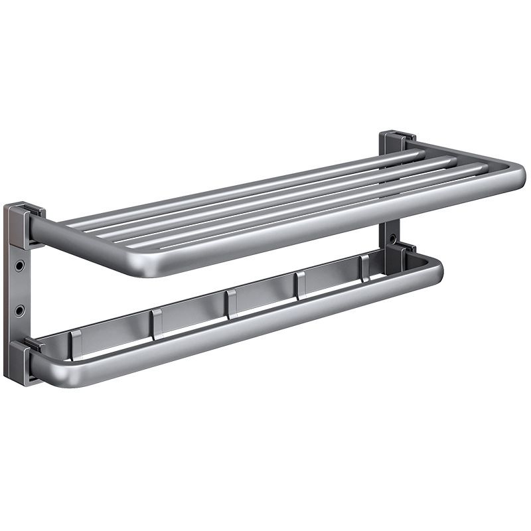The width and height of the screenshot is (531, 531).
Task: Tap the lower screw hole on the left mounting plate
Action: (x=20, y=310)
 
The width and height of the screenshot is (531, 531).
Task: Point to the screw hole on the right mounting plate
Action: (x=394, y=236)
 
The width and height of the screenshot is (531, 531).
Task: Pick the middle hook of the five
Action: (x=230, y=303)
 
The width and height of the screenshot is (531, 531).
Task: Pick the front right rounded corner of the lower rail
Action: (x=435, y=268)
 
